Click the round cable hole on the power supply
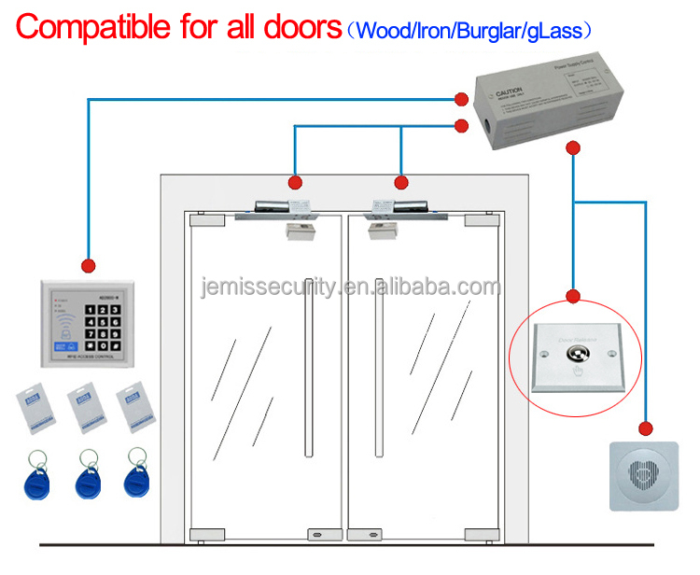tap(486, 121)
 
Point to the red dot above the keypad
tap(90, 264)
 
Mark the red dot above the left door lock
tap(296, 182)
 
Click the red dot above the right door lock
tap(402, 182)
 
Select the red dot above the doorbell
tap(645, 428)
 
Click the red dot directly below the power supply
tap(573, 148)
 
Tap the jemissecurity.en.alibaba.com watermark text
tap(350, 287)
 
